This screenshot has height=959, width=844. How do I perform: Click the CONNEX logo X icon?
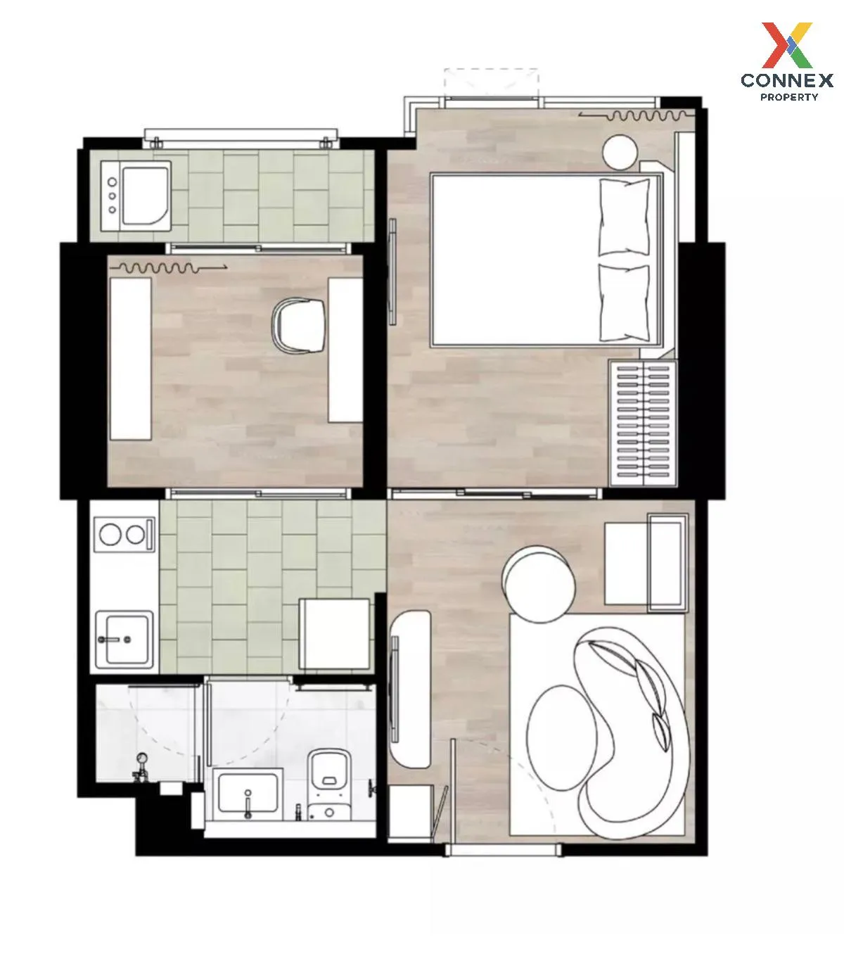pyautogui.click(x=787, y=46)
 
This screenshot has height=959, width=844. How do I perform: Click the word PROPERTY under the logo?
pyautogui.click(x=789, y=97)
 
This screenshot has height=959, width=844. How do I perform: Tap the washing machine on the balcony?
pyautogui.click(x=136, y=196)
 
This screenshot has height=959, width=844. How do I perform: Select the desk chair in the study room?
pyautogui.click(x=300, y=325)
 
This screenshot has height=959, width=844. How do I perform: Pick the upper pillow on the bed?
pyautogui.click(x=625, y=217)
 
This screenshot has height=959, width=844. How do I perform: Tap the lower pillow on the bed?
pyautogui.click(x=625, y=303)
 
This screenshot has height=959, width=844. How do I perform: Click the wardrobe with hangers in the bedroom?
pyautogui.click(x=644, y=424)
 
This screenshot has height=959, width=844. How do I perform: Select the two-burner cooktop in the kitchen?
pyautogui.click(x=125, y=535)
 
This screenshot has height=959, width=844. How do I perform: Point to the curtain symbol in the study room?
pyautogui.click(x=168, y=268)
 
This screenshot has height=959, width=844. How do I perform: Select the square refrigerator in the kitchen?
pyautogui.click(x=335, y=634)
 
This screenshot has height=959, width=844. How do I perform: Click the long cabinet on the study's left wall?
pyautogui.click(x=131, y=359)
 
